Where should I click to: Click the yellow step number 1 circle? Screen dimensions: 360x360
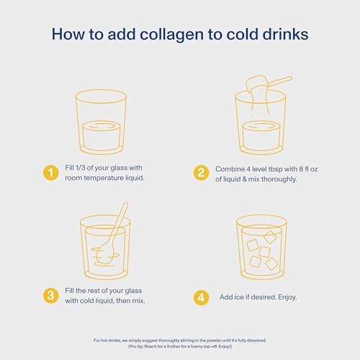tap(50, 172)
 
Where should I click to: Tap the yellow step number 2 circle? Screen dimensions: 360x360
tap(201, 172)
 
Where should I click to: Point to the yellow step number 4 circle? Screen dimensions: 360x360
tap(201, 296)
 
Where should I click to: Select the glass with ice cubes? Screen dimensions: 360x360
tap(261, 245)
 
